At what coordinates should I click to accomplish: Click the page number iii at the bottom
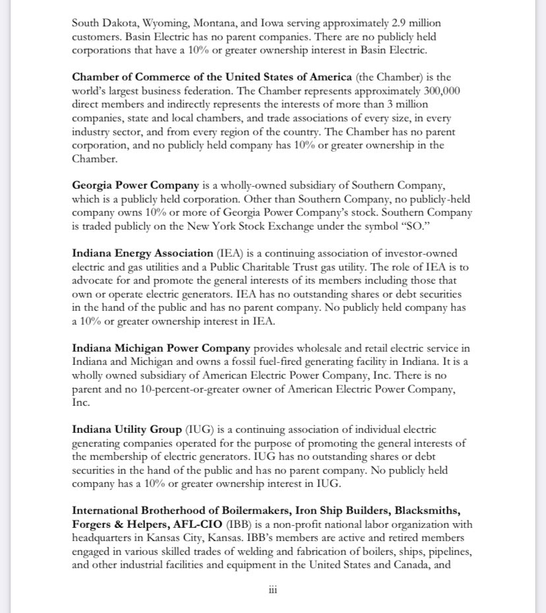click(272, 589)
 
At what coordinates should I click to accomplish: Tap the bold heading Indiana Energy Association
click(142, 253)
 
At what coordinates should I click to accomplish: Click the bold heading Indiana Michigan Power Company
click(161, 348)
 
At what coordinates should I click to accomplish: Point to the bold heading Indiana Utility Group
click(127, 430)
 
